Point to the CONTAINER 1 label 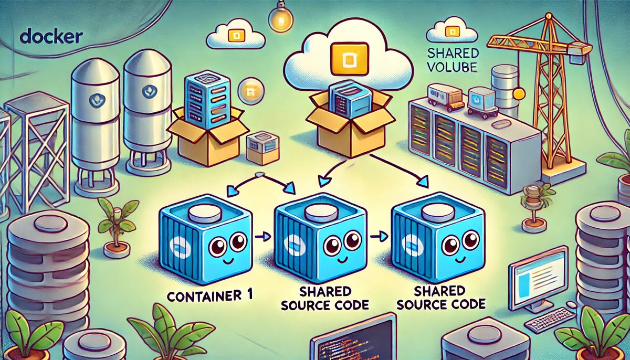click(210, 294)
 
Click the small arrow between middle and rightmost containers click(375, 237)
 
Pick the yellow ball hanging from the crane click(519, 94)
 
